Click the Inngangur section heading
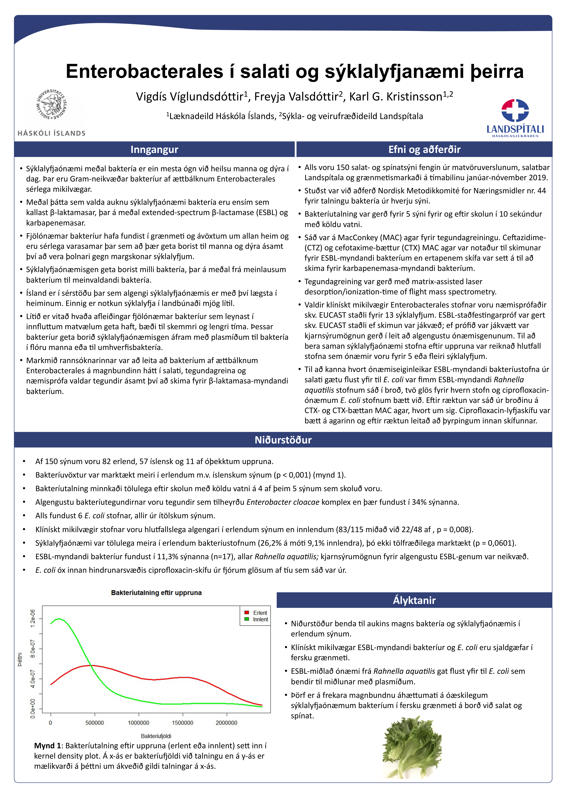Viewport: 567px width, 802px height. pyautogui.click(x=154, y=150)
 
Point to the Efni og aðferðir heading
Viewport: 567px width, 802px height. pyautogui.click(x=424, y=150)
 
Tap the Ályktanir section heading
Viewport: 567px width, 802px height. pyautogui.click(x=414, y=600)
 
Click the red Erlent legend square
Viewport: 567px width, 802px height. pyautogui.click(x=246, y=612)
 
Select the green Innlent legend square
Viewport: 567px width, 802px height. pyautogui.click(x=246, y=619)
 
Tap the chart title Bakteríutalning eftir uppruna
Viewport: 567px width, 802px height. pyautogui.click(x=156, y=593)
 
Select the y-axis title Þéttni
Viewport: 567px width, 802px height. pyautogui.click(x=20, y=659)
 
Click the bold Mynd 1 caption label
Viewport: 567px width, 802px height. pyautogui.click(x=48, y=746)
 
